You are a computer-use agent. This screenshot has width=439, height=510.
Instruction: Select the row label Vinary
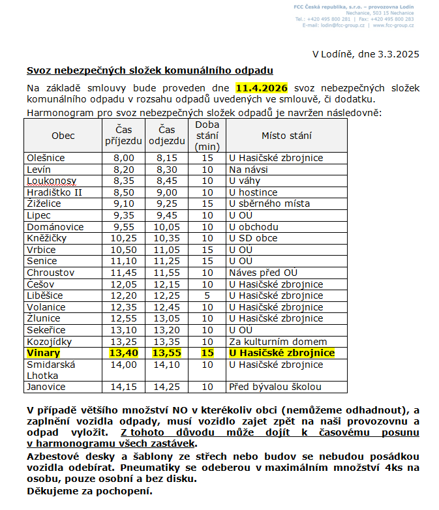click(43, 353)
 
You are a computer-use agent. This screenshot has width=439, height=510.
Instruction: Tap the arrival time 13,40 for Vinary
click(123, 353)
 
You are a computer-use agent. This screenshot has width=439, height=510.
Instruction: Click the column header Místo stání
click(286, 136)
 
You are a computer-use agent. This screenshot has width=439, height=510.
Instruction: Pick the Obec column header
click(63, 136)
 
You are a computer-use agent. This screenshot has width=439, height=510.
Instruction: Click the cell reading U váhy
click(245, 181)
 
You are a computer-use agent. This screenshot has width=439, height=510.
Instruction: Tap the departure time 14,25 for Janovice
click(167, 387)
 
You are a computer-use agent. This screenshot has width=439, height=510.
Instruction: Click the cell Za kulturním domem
click(277, 341)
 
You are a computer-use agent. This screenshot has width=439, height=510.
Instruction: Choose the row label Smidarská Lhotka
click(51, 370)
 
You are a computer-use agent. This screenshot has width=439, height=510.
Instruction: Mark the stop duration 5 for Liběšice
click(207, 295)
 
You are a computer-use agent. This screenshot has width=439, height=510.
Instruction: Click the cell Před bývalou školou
click(275, 387)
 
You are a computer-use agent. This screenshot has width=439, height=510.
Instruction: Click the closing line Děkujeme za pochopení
click(89, 490)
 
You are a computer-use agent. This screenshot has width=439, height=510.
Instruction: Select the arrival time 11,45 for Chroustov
click(123, 273)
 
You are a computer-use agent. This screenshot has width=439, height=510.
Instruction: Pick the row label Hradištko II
click(55, 192)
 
